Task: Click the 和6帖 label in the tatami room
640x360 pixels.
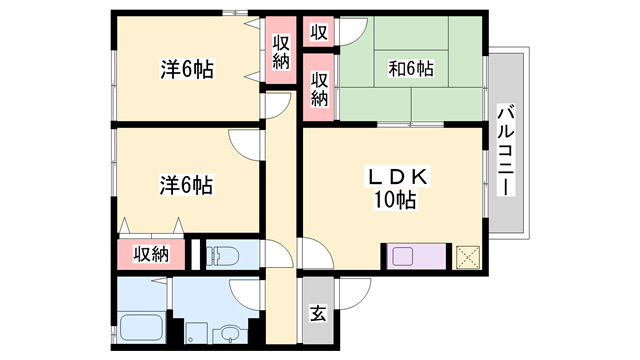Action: click(410, 69)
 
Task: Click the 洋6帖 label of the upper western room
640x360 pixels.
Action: click(185, 69)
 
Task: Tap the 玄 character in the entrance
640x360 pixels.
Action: click(317, 314)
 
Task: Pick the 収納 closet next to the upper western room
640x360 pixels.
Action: click(281, 51)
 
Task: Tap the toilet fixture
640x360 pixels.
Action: click(221, 255)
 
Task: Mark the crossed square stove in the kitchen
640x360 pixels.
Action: click(467, 256)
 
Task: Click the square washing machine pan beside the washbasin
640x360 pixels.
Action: click(195, 334)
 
